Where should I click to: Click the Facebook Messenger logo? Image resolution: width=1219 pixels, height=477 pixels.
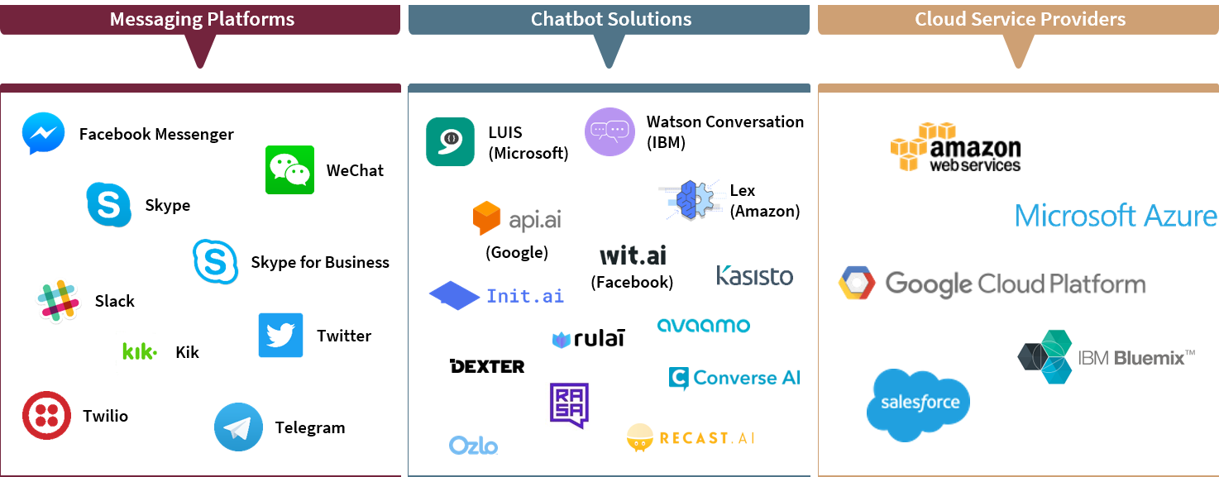43,133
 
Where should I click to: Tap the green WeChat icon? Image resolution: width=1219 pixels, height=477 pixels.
289,169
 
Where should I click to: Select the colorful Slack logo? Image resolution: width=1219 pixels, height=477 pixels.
58,300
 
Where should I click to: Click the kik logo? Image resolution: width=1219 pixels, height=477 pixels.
138,352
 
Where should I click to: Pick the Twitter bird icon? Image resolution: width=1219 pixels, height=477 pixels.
280,336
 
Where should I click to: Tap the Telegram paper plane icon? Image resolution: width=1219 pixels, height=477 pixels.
238,427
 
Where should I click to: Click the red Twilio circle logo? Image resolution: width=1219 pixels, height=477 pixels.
46,415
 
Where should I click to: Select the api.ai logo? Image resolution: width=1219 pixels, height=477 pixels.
517,219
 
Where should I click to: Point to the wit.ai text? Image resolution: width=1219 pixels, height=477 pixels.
633,255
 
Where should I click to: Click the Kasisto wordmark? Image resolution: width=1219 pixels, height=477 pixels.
754,275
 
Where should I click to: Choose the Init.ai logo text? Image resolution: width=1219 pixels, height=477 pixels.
524,296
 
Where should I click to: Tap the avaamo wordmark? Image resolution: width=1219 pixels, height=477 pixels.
704,325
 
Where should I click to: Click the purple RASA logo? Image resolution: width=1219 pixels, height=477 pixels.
569,406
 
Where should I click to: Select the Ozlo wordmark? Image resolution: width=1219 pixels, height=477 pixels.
474,446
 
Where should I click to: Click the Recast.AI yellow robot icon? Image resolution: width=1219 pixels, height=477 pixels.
639,437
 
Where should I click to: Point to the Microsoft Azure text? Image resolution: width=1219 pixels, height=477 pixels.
1116,217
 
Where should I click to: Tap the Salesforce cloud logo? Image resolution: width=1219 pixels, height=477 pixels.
919,404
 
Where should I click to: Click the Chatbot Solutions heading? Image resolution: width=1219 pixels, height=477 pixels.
610,19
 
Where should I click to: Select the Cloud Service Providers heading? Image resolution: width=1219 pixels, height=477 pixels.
1019,19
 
